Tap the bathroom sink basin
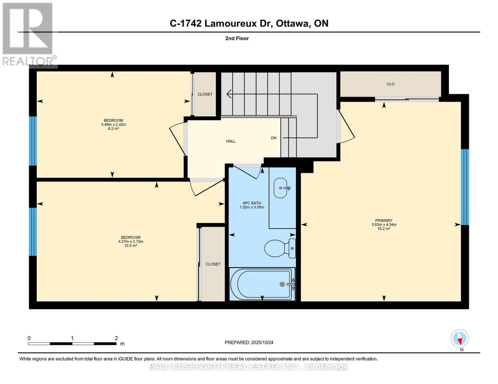(x=280, y=188)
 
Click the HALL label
(x=231, y=141)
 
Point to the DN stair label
(x=274, y=138)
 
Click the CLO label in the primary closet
(x=390, y=84)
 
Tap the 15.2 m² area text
(x=384, y=229)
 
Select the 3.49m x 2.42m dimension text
(x=114, y=124)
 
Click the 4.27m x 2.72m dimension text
(x=131, y=242)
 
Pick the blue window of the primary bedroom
(x=465, y=187)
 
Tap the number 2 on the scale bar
(x=116, y=338)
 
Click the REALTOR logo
(x=28, y=34)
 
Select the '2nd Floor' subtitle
(x=237, y=38)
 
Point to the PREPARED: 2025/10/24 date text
(x=249, y=342)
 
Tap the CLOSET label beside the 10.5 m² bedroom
(x=213, y=264)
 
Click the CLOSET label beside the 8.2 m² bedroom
(x=205, y=94)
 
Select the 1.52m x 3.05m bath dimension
(x=252, y=207)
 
